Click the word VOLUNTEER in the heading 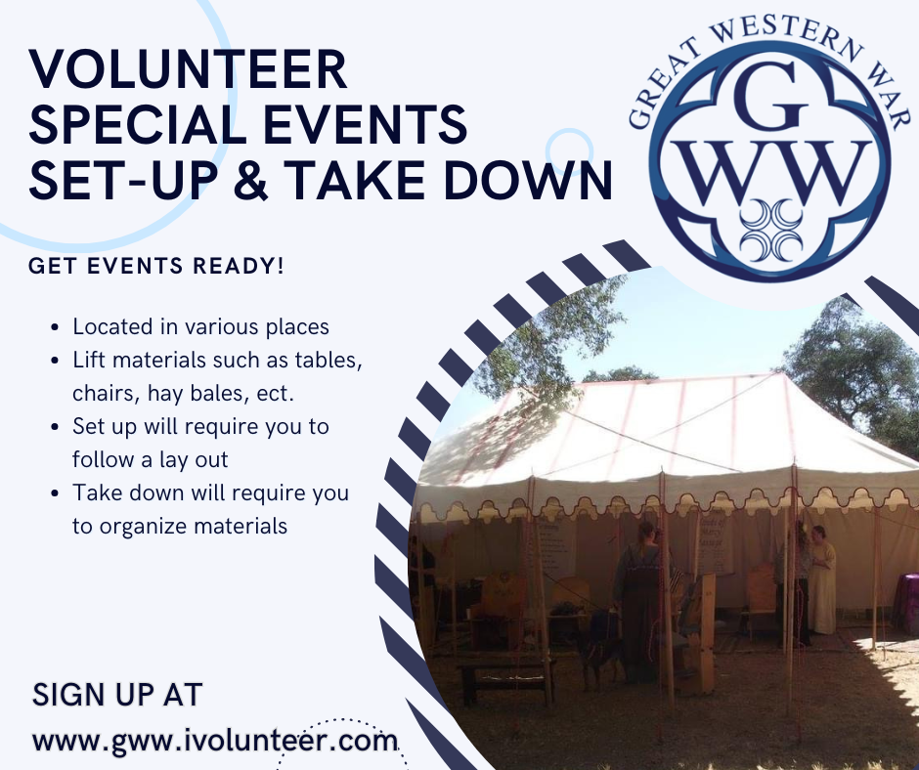[x=188, y=69]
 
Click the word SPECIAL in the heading [x=138, y=124]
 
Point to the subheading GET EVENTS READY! [x=155, y=266]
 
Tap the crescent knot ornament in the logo [x=770, y=230]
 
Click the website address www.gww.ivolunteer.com [x=215, y=741]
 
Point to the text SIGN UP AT [x=117, y=695]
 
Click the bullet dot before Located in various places [x=55, y=327]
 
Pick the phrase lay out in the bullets [x=193, y=460]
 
